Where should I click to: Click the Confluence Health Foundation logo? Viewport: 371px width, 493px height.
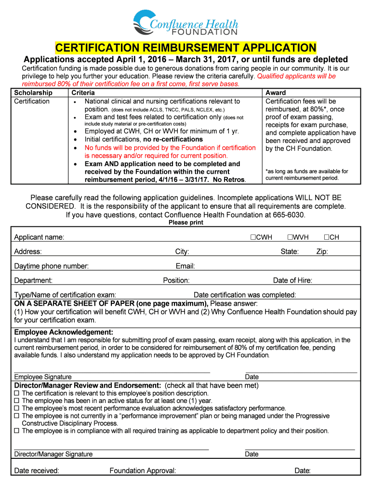[185, 23]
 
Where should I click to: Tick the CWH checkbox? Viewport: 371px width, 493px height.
[252, 237]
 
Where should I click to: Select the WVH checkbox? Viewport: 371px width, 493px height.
[290, 237]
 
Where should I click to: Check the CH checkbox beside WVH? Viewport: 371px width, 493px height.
[326, 237]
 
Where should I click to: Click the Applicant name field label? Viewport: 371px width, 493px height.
[39, 237]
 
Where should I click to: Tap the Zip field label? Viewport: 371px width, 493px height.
[322, 252]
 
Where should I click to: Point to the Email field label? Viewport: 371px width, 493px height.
[185, 266]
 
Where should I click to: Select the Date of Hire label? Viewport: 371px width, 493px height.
[292, 281]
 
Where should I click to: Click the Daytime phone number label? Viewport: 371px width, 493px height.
[51, 266]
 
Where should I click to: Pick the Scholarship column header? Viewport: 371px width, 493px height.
[33, 92]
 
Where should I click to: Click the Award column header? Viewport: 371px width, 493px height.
[276, 92]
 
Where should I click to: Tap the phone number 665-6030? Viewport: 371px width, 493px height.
[288, 215]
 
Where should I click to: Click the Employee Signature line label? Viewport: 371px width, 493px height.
[43, 377]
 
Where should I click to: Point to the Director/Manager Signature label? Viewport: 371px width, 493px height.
[53, 454]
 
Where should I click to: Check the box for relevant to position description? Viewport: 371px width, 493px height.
[16, 393]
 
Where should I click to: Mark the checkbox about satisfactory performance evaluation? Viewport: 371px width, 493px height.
[16, 408]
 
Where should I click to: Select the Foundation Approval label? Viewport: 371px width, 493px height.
[143, 470]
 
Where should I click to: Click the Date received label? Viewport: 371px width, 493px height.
[37, 470]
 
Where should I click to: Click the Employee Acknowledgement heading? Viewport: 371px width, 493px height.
[64, 332]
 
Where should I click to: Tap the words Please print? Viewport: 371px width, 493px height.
[185, 223]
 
